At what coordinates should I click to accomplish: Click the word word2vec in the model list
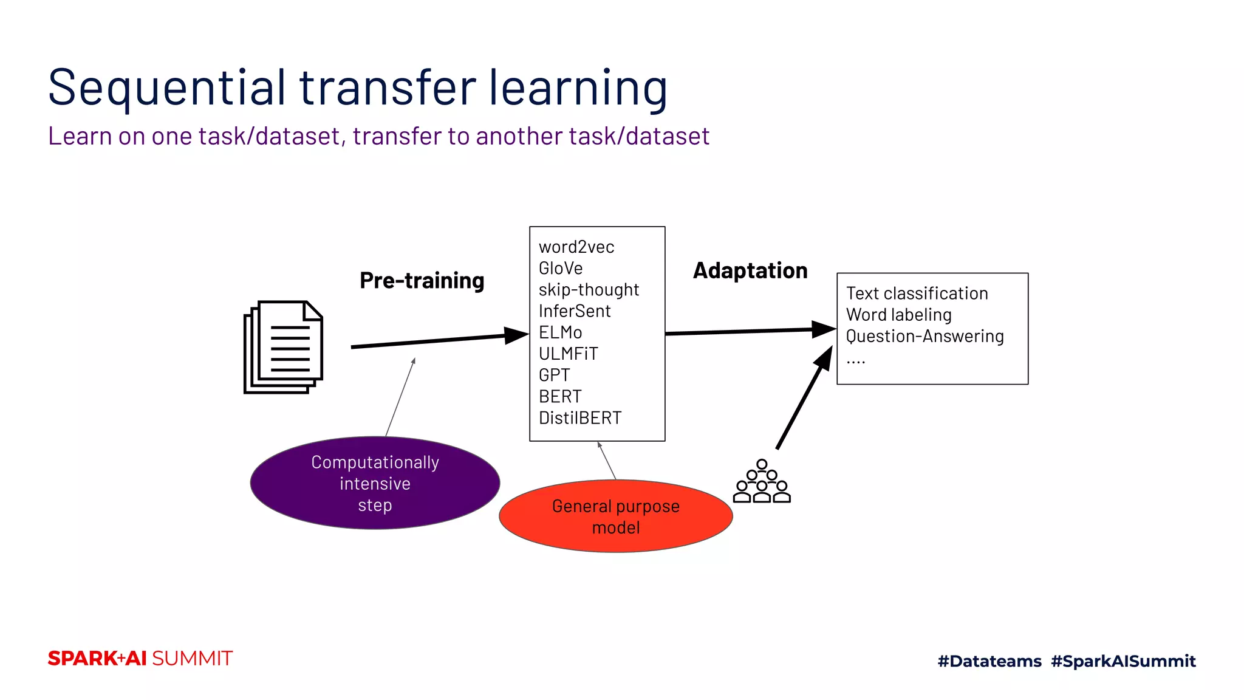click(x=576, y=247)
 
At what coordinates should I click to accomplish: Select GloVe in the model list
click(x=560, y=269)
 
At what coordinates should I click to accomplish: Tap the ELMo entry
click(x=560, y=332)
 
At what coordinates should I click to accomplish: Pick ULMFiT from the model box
click(x=568, y=354)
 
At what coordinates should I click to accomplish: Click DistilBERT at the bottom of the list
click(x=579, y=418)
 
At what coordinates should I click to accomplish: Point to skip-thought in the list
click(x=588, y=290)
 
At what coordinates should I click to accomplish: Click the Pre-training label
click(x=422, y=281)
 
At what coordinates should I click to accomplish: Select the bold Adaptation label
click(x=750, y=271)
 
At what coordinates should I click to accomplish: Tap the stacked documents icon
click(x=283, y=347)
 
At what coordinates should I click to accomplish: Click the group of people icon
click(x=761, y=482)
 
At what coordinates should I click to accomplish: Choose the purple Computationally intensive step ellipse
click(x=375, y=483)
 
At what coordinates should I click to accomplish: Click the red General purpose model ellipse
click(x=615, y=516)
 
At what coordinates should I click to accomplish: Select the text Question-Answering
click(x=924, y=336)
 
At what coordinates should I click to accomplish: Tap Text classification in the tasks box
click(x=917, y=293)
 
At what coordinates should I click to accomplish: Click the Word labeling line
click(x=898, y=315)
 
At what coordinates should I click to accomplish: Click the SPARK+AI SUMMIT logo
click(x=140, y=659)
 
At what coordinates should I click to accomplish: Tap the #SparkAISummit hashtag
click(x=1123, y=661)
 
